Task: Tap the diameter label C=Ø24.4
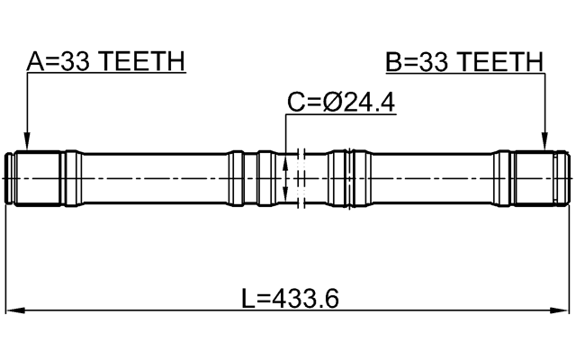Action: click(340, 103)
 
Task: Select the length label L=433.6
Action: click(290, 297)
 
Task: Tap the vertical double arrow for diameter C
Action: click(286, 178)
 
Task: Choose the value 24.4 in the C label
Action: click(367, 103)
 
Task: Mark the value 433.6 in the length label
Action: click(306, 297)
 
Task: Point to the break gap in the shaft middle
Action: click(302, 178)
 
